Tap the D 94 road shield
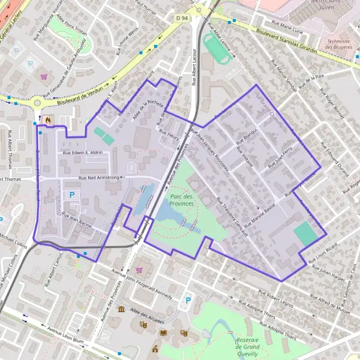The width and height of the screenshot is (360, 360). (x=182, y=19)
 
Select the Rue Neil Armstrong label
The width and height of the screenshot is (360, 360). (x=100, y=178)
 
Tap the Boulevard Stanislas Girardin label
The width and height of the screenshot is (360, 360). (x=285, y=41)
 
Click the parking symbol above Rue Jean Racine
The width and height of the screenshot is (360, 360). (x=72, y=195)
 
